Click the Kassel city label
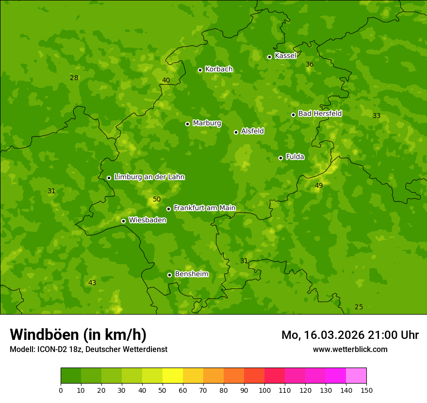click(x=285, y=56)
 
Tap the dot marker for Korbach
click(x=200, y=70)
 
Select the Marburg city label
click(x=207, y=123)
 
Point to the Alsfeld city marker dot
click(x=236, y=132)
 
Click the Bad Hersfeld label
click(x=320, y=114)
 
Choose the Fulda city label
click(x=295, y=157)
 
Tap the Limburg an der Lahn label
click(x=149, y=177)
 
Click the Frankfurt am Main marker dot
click(x=168, y=209)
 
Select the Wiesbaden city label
click(x=148, y=220)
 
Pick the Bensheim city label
click(x=191, y=274)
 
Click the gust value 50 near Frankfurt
click(x=157, y=200)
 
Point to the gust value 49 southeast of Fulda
click(x=319, y=185)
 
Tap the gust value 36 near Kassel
click(x=310, y=65)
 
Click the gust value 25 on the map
click(x=359, y=307)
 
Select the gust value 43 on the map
click(x=92, y=283)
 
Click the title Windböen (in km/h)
click(x=78, y=335)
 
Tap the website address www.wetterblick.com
click(x=350, y=349)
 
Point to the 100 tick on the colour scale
click(x=264, y=390)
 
